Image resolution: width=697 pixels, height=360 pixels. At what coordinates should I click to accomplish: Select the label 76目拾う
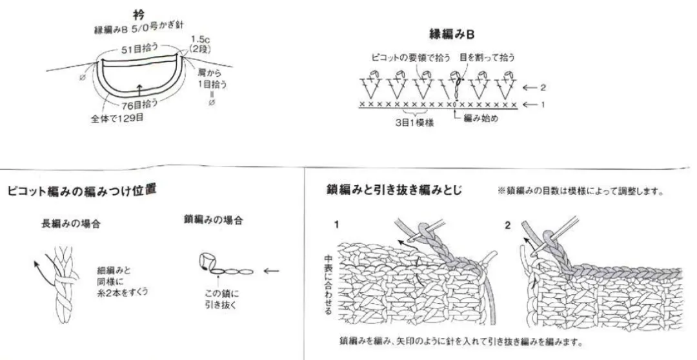pyautogui.click(x=139, y=104)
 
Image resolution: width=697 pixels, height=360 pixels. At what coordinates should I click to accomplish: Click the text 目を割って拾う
pyautogui.click(x=484, y=58)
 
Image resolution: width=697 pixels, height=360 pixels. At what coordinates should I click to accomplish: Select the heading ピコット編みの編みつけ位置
pyautogui.click(x=81, y=192)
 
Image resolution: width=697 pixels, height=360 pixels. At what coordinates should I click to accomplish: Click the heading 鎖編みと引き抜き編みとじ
pyautogui.click(x=395, y=191)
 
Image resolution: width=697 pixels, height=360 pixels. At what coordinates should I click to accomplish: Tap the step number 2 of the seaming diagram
pyautogui.click(x=507, y=225)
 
